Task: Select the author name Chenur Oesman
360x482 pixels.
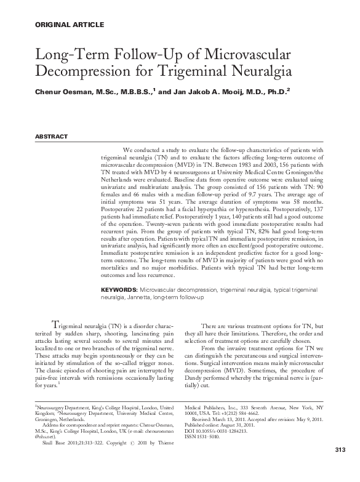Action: (60, 93)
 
